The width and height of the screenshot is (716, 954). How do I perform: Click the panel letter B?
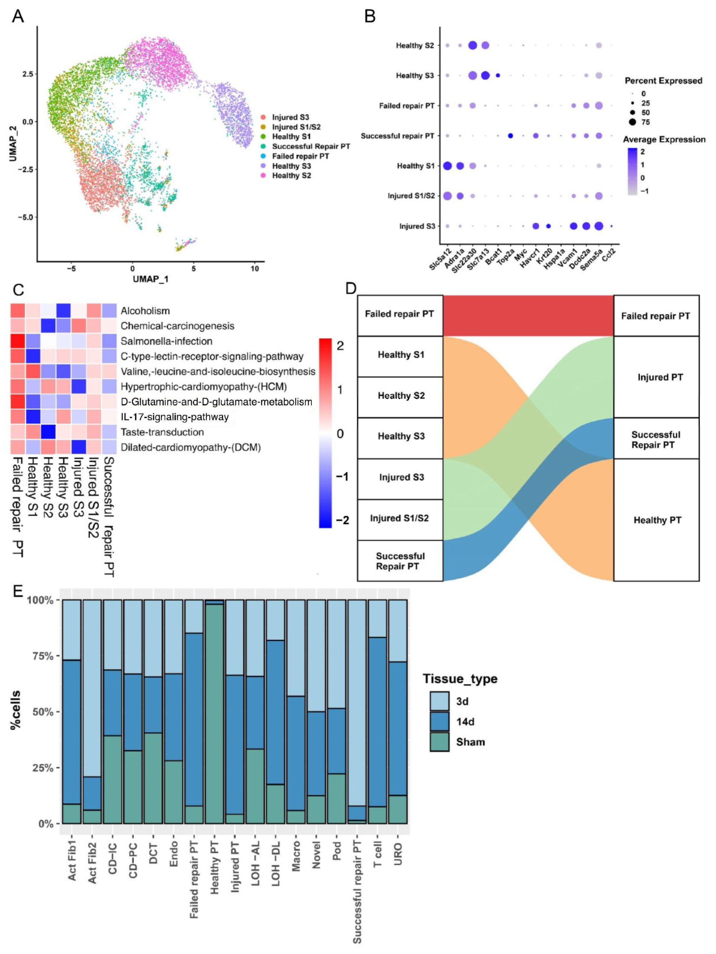pos(370,16)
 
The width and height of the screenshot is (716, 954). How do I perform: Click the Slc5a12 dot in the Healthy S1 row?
pos(447,166)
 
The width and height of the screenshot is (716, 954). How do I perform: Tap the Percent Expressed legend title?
pos(663,81)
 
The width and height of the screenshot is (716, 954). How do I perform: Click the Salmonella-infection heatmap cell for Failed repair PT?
pos(18,341)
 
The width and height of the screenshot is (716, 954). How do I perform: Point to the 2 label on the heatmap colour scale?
pos(340,346)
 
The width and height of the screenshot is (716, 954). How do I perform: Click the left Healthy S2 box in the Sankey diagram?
pos(400,396)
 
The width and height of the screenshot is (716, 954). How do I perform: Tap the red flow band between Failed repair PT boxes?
pos(528,315)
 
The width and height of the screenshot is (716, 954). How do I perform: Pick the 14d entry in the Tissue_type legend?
pos(463,721)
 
